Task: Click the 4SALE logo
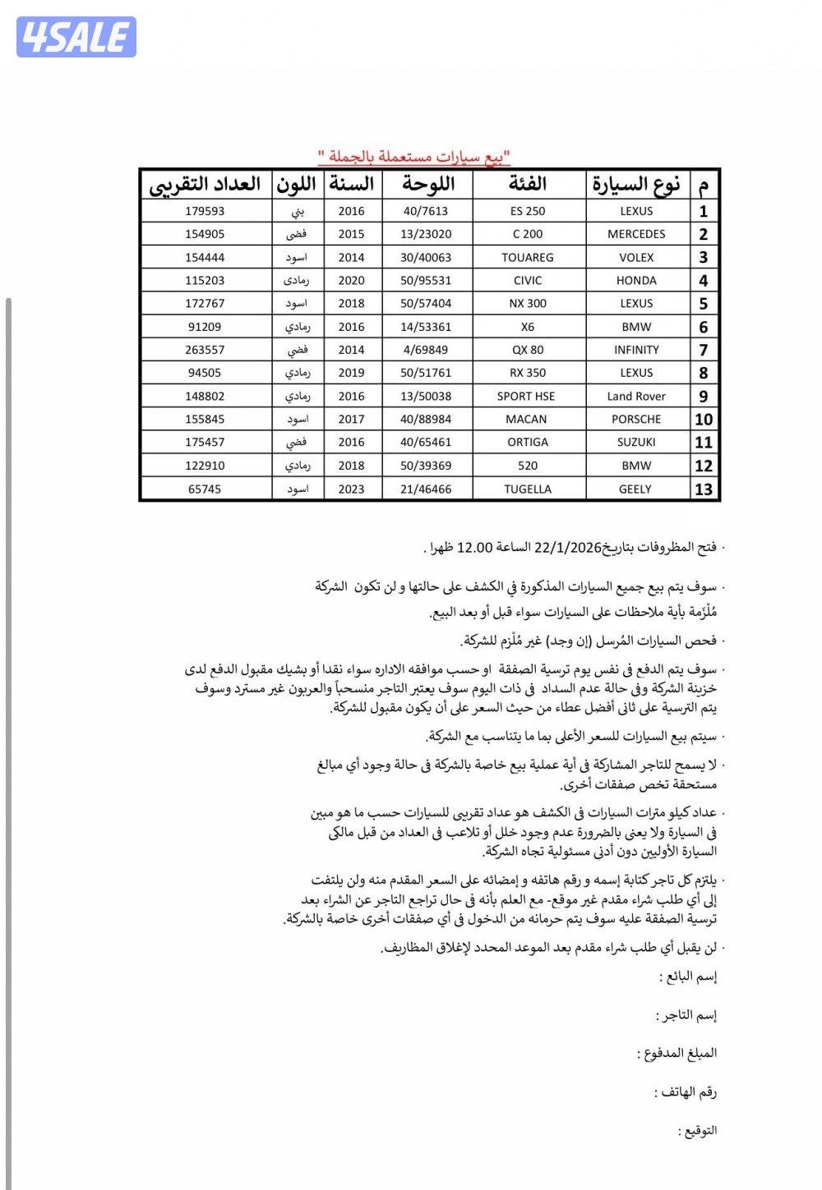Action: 76,37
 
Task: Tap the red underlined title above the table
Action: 414,156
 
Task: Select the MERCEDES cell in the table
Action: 636,234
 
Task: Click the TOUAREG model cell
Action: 527,257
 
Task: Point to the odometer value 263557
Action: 205,350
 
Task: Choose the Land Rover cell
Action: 636,396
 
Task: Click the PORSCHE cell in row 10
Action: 636,419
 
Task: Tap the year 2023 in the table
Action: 351,489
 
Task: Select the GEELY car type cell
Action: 635,489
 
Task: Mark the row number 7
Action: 703,350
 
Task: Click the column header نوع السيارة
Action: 636,185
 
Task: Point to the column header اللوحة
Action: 427,185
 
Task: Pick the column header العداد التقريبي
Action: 205,185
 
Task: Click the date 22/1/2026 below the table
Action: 567,548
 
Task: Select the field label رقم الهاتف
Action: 686,1092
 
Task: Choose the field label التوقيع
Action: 698,1131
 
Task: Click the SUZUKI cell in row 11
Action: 636,442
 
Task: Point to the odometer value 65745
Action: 205,489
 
